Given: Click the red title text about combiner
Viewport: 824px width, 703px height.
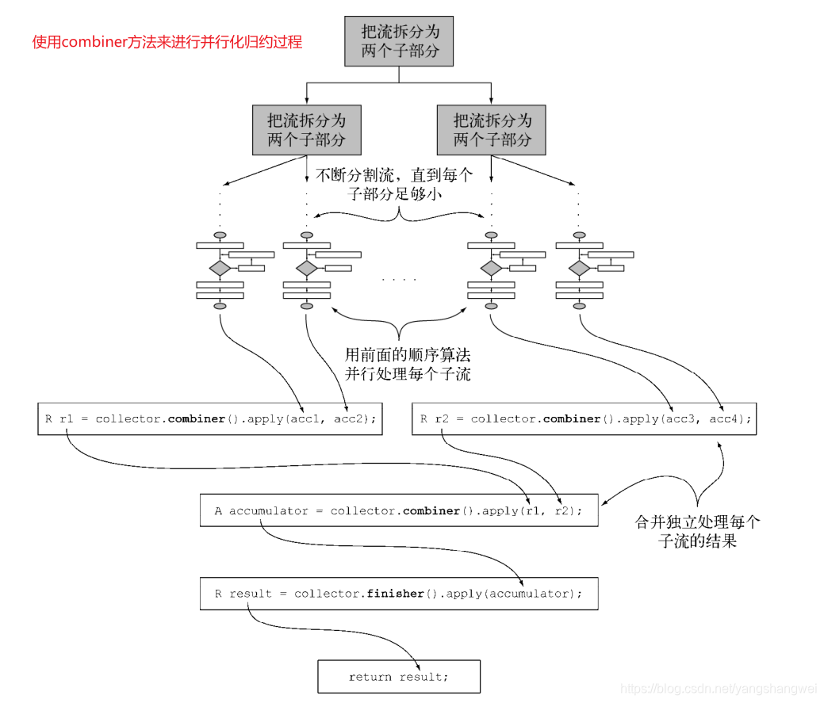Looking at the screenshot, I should click(167, 42).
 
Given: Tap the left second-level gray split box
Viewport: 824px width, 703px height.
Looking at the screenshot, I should click(307, 130).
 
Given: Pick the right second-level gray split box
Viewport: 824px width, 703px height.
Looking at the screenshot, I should click(492, 130).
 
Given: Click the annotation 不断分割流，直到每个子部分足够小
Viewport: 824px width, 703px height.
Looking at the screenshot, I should click(394, 184).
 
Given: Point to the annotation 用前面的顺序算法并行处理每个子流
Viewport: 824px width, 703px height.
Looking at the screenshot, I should click(408, 364).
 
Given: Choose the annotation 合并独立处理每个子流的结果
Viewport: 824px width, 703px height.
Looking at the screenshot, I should click(697, 532).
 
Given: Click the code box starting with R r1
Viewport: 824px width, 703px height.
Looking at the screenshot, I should click(210, 418).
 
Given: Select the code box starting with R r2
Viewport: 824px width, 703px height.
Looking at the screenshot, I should click(584, 418).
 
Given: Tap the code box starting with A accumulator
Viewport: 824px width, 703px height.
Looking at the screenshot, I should click(398, 511).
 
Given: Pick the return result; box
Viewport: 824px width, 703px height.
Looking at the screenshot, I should click(398, 677).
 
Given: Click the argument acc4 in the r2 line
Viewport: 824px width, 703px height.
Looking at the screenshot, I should click(726, 418).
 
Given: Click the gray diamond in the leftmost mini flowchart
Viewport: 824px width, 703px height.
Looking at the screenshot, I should click(220, 268).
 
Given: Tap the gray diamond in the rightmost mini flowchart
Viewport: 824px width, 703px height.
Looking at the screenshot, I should click(579, 268).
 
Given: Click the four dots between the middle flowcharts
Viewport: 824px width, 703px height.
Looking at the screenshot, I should click(398, 279).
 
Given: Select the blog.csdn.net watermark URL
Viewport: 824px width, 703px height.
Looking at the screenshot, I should click(719, 689).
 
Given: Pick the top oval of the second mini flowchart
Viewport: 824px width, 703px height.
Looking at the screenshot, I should click(306, 235).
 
